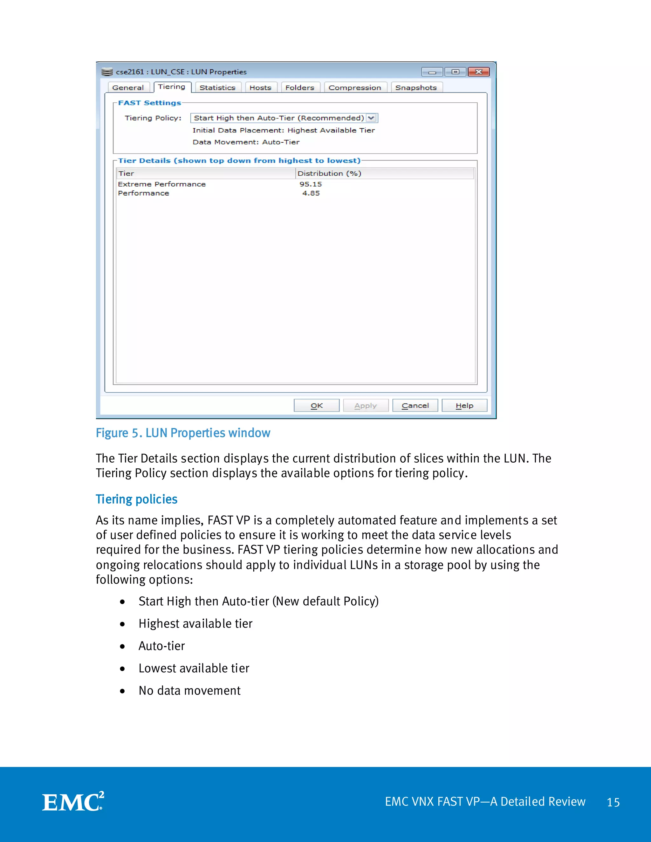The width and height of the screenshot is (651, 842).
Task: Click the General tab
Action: (x=128, y=87)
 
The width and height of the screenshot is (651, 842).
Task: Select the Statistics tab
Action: (x=217, y=87)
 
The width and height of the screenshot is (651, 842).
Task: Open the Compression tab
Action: (x=354, y=87)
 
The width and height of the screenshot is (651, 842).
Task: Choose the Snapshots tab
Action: (x=416, y=87)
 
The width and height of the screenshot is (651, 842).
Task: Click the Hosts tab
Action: (x=260, y=87)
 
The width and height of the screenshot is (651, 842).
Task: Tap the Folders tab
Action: (x=300, y=87)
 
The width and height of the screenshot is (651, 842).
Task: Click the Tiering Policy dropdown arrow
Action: (x=371, y=118)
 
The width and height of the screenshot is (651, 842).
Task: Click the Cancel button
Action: (x=415, y=405)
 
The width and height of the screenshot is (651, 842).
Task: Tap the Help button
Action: (x=464, y=405)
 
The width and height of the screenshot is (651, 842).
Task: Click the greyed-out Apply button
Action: (x=366, y=405)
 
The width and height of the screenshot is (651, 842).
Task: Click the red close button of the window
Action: (x=479, y=72)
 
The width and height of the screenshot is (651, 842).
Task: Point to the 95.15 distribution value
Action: (x=311, y=184)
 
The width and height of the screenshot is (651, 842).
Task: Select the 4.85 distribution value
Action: (x=311, y=193)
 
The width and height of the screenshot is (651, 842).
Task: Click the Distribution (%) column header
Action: (x=329, y=173)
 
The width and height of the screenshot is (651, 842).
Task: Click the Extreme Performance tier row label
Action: (x=161, y=184)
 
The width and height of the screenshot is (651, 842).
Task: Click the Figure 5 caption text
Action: (x=183, y=433)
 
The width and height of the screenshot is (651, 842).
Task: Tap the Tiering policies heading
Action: (x=136, y=499)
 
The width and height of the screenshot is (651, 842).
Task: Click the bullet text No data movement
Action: (x=189, y=690)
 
